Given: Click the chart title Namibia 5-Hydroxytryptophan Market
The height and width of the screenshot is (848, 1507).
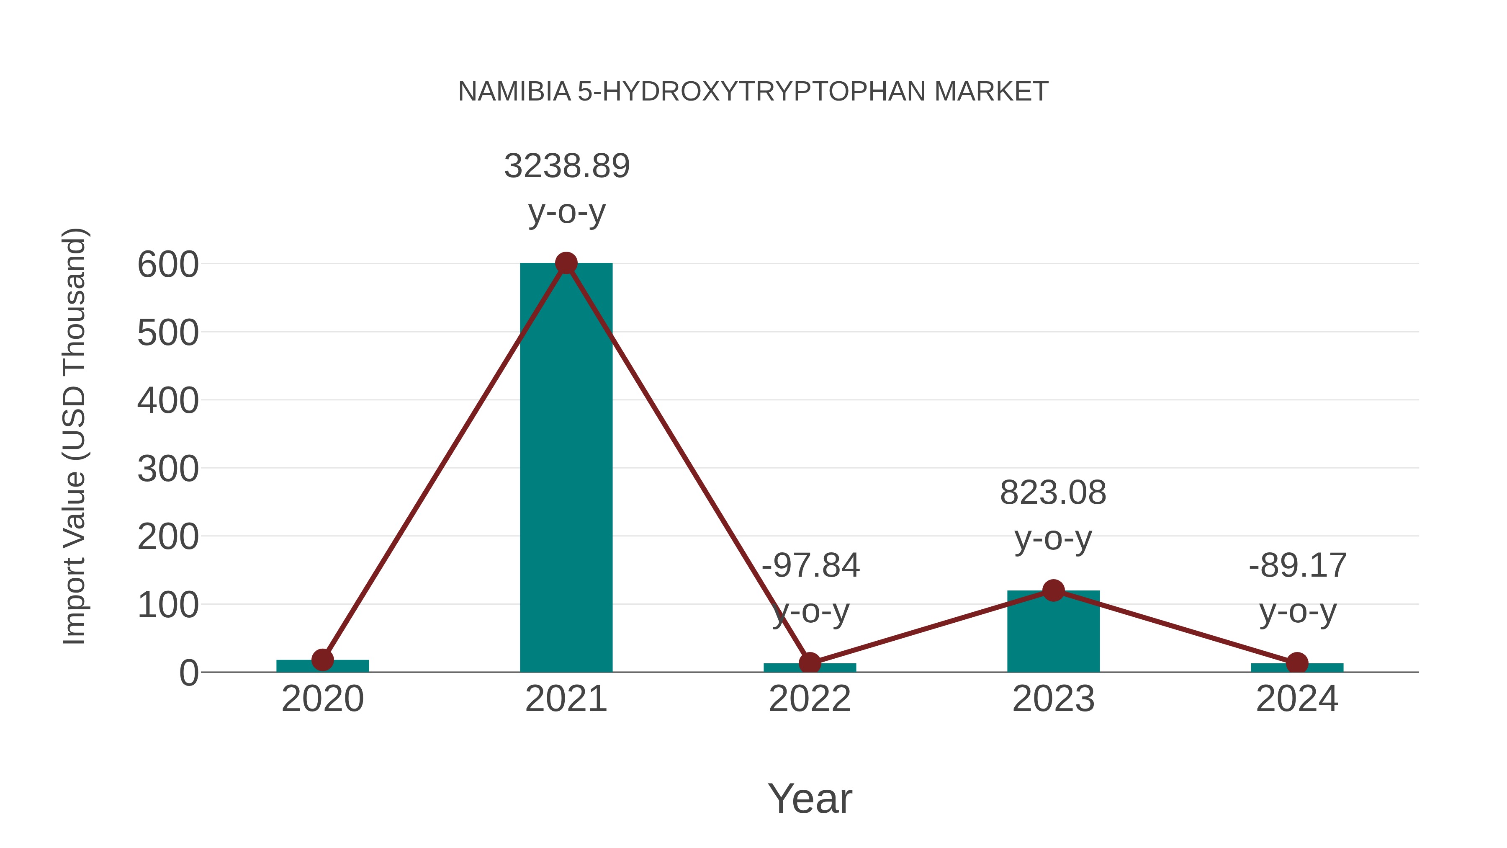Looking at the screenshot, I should [x=753, y=92].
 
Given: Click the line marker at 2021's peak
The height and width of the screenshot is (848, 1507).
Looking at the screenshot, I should [x=566, y=263].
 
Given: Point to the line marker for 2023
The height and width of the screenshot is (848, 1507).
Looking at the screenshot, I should [x=1053, y=590].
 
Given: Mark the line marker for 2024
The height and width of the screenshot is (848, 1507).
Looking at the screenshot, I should [x=1297, y=663].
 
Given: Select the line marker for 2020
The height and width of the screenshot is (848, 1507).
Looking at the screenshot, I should [x=322, y=660].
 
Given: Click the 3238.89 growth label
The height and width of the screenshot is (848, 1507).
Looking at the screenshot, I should [x=566, y=166].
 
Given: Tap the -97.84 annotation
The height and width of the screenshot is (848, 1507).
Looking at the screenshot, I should [x=810, y=566].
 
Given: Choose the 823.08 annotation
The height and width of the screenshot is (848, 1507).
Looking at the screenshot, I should [x=1053, y=493].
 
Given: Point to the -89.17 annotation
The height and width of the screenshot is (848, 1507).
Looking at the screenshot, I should [x=1297, y=566].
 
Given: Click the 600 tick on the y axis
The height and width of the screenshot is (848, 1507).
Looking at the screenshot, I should [x=168, y=265].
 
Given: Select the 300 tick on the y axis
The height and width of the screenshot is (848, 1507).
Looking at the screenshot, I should [x=168, y=469].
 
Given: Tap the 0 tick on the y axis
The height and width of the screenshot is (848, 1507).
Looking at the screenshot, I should [x=188, y=673].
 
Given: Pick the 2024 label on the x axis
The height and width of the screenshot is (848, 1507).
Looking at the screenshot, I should [x=1297, y=699].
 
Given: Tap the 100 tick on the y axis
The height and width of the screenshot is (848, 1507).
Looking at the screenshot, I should [x=168, y=605].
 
